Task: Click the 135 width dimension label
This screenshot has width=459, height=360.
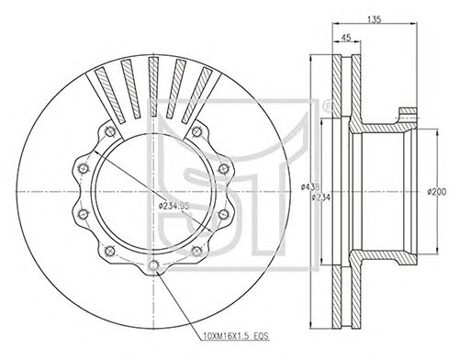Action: pos(375,19)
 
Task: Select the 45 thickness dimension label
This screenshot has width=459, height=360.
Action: pos(346,38)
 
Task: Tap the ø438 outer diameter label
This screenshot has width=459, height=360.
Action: pos(310,186)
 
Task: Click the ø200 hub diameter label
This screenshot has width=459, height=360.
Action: pos(437,192)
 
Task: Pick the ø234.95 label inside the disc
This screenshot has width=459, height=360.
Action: pos(174,206)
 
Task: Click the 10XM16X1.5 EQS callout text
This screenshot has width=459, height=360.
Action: pos(236,336)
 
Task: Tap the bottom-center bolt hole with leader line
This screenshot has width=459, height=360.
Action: pos(153,265)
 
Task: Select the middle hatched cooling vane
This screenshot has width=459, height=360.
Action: pos(153,87)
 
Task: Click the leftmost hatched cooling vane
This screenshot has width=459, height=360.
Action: pos(110,96)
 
